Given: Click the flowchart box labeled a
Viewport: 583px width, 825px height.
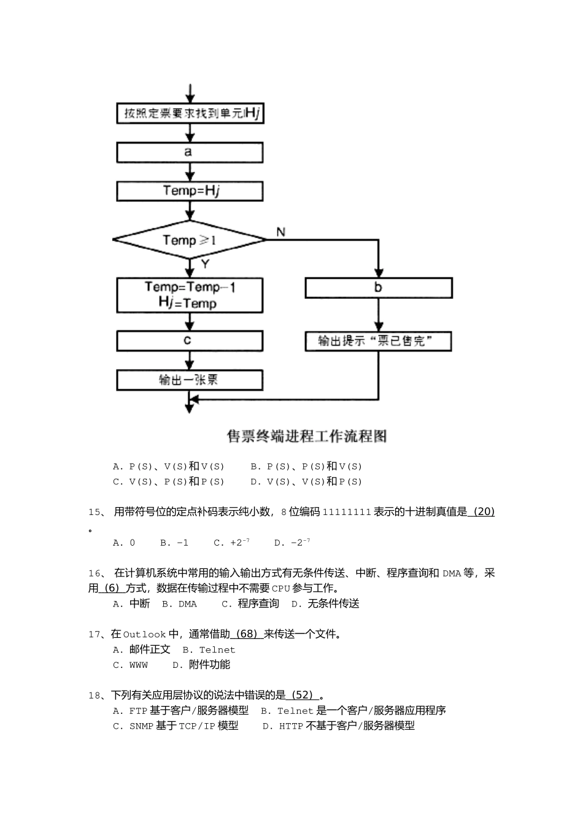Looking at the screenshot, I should click(189, 152).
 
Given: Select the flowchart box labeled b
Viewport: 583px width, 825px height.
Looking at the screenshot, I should click(378, 287).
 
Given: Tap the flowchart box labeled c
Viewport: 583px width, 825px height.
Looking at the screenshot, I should click(189, 341).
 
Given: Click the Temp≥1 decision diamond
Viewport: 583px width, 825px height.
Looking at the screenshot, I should click(189, 239).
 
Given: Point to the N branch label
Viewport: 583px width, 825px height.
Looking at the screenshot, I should click(280, 231).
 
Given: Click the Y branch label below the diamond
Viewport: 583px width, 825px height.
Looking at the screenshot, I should click(205, 264).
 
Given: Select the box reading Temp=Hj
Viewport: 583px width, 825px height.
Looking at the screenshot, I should click(189, 190).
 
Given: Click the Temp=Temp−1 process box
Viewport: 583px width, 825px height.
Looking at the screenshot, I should click(189, 295).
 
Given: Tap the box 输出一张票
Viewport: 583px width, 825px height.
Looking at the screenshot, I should click(189, 380).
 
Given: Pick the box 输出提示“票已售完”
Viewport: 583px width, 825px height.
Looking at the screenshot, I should click(378, 341).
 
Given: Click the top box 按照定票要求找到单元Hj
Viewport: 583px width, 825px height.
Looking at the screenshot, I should click(189, 114).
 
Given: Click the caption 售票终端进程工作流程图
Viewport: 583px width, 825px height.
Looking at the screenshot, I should click(307, 436).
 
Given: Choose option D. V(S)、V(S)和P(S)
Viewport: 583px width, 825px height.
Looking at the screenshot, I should click(306, 482).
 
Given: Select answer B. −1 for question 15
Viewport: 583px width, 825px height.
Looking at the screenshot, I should click(174, 543).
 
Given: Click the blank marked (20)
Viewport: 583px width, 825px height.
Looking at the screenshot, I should click(481, 511).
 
